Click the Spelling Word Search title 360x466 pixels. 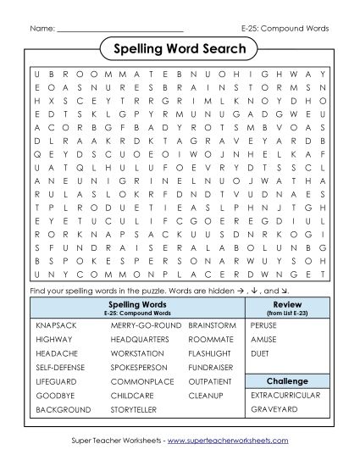179,50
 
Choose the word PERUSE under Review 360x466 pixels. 264,325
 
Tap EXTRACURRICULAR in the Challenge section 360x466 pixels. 285,395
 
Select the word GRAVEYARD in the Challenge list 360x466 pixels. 273,409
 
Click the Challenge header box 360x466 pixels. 286,380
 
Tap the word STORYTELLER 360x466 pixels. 134,409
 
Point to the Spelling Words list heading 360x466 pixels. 136,303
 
